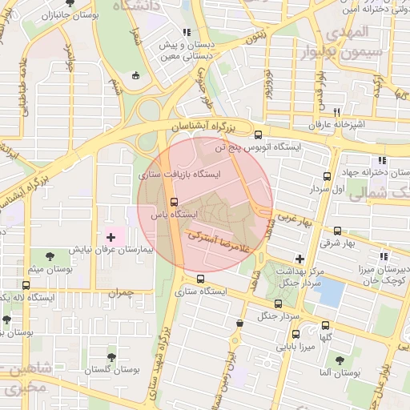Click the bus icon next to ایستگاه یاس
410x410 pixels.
coord(175,202)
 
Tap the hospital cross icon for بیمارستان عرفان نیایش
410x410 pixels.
coord(111,237)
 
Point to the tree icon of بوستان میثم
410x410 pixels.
coord(50,256)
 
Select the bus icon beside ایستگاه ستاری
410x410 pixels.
coord(200,279)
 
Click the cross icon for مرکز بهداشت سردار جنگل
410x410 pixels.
coord(299,258)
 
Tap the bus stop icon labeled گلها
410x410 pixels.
coord(325,325)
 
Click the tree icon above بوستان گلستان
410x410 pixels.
coord(111,356)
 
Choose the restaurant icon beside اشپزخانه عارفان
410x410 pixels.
coord(337,112)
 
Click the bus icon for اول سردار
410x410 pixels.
coord(327,176)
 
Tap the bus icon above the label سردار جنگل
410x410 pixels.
coord(278,303)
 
